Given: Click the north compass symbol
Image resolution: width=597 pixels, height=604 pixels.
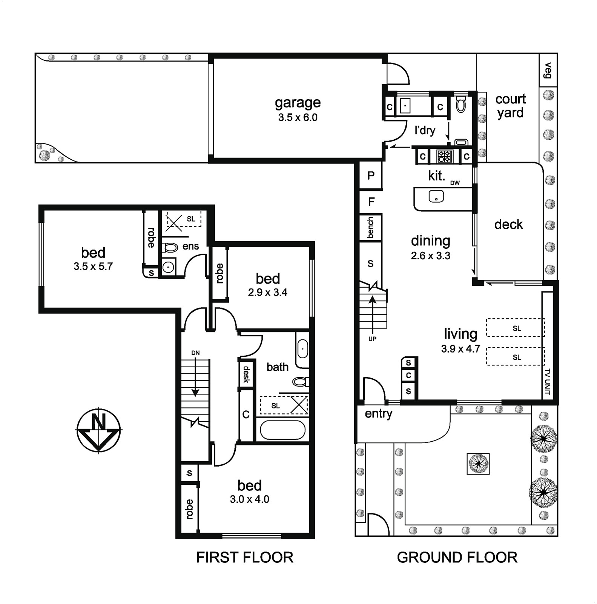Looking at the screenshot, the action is coord(99,430).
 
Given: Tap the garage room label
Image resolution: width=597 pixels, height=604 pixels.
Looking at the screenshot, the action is coord(298,103).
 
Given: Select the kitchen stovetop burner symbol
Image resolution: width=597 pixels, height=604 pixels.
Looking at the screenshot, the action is coord(445,156).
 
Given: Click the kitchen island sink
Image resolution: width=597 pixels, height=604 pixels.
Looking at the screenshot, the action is coord(436,196).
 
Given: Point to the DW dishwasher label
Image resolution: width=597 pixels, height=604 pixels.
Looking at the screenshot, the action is coord(455,183).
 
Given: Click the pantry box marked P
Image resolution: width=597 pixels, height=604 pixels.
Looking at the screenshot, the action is coord(371,175).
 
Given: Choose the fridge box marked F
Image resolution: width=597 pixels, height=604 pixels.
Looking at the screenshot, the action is coord(371,202).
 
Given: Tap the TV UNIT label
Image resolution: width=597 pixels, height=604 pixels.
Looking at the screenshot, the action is coord(548,382).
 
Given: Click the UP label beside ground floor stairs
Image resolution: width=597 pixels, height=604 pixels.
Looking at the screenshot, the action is coord(372,339).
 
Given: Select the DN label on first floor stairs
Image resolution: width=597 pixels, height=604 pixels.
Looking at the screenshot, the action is coord(195,353).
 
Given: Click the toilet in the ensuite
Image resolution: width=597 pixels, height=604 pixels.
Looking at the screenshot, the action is coord(170,248).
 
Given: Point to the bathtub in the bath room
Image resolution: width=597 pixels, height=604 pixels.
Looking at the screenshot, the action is coord(282,430).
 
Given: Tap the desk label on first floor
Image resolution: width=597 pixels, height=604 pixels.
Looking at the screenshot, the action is coord(246,374).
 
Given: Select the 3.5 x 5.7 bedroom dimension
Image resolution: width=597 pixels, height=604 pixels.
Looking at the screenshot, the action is coord(93,267).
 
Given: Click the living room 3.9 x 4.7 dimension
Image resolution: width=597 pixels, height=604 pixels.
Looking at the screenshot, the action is coord(460,348).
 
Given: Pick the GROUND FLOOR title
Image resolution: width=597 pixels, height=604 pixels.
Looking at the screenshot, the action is coord(457,558).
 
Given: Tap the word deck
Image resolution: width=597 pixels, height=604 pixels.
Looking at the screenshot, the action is coord(509,225).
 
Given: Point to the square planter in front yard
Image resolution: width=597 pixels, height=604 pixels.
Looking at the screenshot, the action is coord(478,464).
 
